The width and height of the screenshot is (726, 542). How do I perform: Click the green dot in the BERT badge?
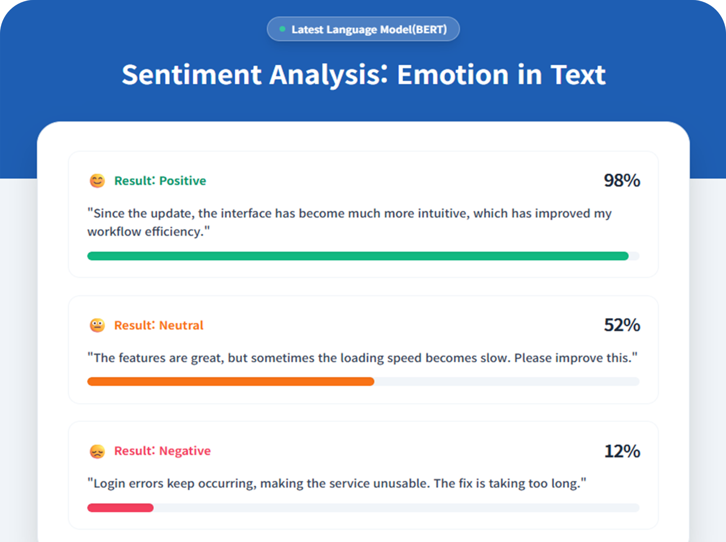point(282,29)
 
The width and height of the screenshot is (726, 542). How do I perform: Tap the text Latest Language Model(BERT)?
point(369,29)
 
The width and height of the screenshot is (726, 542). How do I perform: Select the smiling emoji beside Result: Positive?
point(97,181)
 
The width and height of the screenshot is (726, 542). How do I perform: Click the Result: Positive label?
point(160,181)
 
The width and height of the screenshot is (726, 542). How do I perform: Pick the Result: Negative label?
point(162,451)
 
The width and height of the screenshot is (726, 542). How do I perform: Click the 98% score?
point(622,180)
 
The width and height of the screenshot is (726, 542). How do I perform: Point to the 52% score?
point(622,325)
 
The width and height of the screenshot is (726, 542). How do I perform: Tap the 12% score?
point(622,451)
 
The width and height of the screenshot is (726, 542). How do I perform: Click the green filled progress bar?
point(358,256)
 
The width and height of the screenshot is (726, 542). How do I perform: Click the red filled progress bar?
point(120,508)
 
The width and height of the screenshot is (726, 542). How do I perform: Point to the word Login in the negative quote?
point(109,484)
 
